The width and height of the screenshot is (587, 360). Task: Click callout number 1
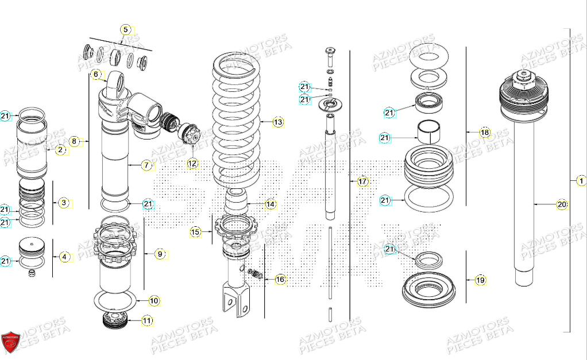click(x=581, y=181)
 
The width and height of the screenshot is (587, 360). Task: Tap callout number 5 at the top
click(x=125, y=29)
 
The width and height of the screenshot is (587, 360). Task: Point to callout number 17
click(x=362, y=181)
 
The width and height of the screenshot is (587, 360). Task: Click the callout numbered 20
click(x=562, y=204)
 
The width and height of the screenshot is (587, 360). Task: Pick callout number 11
click(x=148, y=321)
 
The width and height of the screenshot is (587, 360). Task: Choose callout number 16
click(x=280, y=279)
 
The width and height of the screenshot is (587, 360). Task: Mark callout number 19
click(x=480, y=280)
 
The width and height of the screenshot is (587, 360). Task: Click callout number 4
click(x=65, y=257)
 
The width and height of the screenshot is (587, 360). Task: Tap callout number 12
click(x=192, y=164)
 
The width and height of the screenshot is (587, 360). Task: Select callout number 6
click(x=96, y=74)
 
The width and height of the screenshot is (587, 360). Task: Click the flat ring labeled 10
click(x=114, y=300)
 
